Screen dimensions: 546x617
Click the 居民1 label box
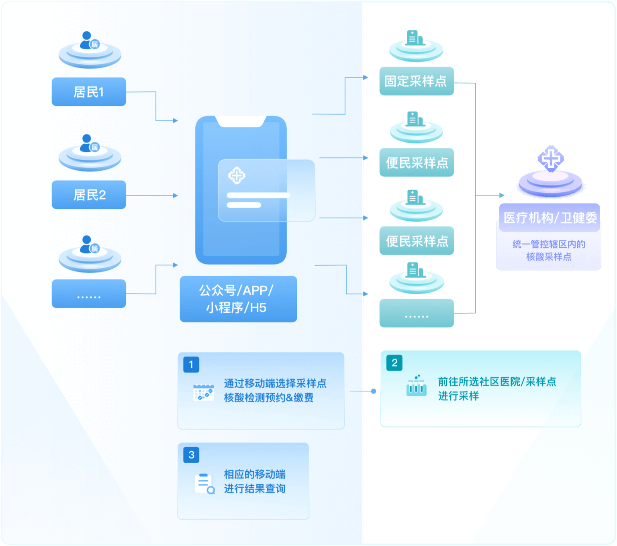(89, 92)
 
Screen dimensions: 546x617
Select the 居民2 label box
(89, 195)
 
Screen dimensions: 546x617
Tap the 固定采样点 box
(416, 81)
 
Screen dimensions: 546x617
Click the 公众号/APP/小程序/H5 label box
(238, 299)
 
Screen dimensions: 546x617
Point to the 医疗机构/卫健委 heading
(550, 218)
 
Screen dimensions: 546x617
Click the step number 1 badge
(191, 365)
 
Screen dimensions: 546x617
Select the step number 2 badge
(394, 363)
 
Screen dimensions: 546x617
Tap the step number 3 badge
(191, 455)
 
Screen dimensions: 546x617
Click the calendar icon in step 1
(203, 392)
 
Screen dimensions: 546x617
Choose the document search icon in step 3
(204, 484)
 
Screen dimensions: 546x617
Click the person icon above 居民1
(88, 41)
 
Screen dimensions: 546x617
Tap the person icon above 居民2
(88, 143)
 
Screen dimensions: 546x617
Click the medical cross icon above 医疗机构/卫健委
(551, 158)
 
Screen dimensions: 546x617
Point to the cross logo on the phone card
(237, 175)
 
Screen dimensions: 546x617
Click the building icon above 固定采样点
(414, 38)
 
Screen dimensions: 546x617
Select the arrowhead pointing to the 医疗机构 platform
(502, 196)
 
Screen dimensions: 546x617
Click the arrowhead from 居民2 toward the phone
(176, 196)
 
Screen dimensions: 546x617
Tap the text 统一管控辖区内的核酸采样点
(549, 250)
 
